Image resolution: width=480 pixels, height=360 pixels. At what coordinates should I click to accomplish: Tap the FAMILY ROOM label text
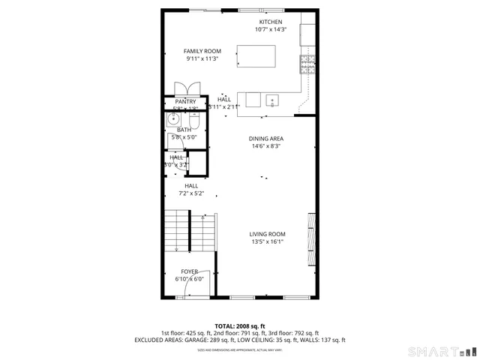202,51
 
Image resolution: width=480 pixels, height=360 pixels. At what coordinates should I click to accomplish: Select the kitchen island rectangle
256,56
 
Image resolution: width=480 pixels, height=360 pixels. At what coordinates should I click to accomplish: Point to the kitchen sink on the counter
272,100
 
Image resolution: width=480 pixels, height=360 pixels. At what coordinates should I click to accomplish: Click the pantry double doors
184,88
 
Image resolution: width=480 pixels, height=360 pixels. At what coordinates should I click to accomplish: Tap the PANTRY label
185,102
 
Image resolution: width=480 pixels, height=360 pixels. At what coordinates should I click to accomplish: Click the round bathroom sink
173,118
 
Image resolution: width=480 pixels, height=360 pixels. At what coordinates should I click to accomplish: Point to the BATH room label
184,130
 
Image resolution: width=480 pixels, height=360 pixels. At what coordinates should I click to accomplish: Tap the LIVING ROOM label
268,234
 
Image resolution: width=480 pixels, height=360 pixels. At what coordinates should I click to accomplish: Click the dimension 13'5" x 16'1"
268,242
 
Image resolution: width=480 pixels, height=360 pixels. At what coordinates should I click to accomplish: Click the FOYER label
190,271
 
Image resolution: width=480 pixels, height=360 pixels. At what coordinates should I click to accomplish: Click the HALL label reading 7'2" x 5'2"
191,193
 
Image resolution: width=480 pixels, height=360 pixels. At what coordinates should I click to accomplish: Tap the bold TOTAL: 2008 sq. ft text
239,326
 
